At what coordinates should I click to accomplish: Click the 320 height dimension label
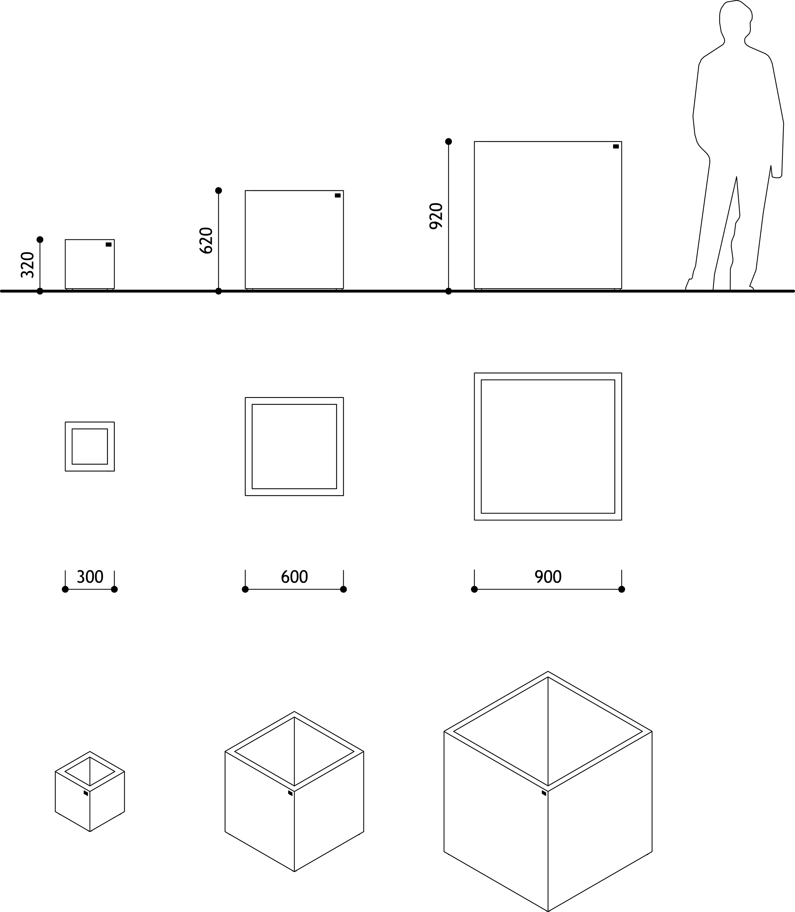pyautogui.click(x=27, y=265)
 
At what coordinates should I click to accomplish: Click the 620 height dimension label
pyautogui.click(x=206, y=240)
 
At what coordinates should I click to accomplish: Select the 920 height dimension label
pyautogui.click(x=436, y=216)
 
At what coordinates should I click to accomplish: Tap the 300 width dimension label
pyautogui.click(x=90, y=577)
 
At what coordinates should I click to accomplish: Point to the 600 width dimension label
pyautogui.click(x=294, y=577)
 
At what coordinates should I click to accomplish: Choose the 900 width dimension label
pyautogui.click(x=548, y=577)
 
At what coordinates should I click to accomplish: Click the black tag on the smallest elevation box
pyautogui.click(x=109, y=244)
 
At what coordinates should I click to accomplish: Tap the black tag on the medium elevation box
pyautogui.click(x=338, y=195)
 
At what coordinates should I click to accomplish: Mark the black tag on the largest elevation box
pyautogui.click(x=616, y=146)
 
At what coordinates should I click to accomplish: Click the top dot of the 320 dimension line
pyautogui.click(x=40, y=240)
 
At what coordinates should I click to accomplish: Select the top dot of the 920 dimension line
pyautogui.click(x=448, y=141)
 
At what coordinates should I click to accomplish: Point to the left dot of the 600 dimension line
pyautogui.click(x=245, y=589)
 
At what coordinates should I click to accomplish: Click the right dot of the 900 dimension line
pyautogui.click(x=622, y=589)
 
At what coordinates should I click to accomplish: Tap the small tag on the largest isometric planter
pyautogui.click(x=544, y=793)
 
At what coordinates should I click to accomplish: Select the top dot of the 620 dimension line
pyautogui.click(x=218, y=191)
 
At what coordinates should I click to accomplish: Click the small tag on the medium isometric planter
pyautogui.click(x=290, y=793)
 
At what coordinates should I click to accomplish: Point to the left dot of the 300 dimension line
pyautogui.click(x=65, y=589)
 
